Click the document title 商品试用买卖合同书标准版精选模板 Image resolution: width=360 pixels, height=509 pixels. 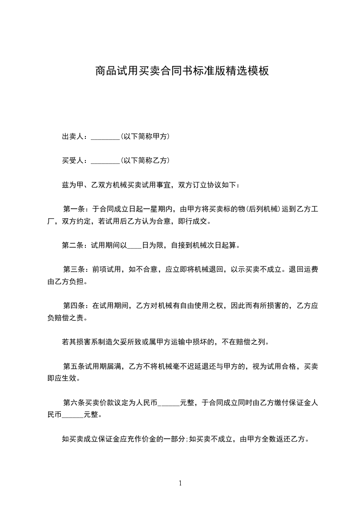182,71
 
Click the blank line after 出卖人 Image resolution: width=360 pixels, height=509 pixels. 105,137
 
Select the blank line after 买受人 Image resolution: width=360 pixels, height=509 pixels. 105,161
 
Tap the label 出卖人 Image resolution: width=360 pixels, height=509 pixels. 73,136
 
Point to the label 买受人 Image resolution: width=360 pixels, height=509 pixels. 73,160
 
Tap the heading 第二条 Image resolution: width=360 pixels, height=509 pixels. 73,245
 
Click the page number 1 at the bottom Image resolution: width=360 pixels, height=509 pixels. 180,483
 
